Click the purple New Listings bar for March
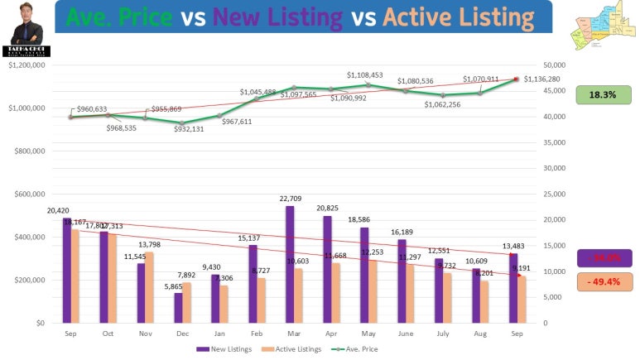click(290, 264)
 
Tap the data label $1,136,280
click(541, 79)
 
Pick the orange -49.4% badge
click(604, 282)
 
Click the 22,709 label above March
click(295, 199)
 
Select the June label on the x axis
click(406, 334)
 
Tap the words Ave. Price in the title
click(121, 17)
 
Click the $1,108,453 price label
click(365, 75)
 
